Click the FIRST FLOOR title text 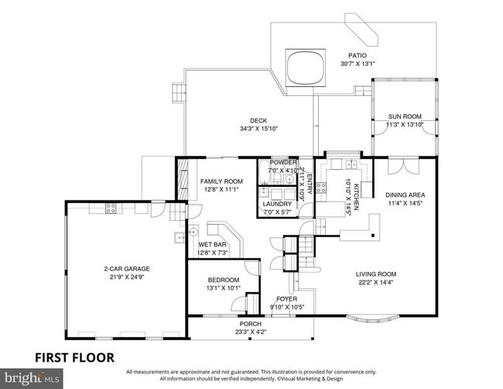[74, 358]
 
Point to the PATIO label [357, 55]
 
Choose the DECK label [258, 120]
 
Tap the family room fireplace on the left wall [183, 184]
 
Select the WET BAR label [211, 244]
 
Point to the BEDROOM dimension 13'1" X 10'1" [223, 288]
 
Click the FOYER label [287, 298]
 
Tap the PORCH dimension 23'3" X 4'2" [250, 332]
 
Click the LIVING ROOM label [376, 274]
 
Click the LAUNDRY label [277, 204]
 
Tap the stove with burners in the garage [110, 208]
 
